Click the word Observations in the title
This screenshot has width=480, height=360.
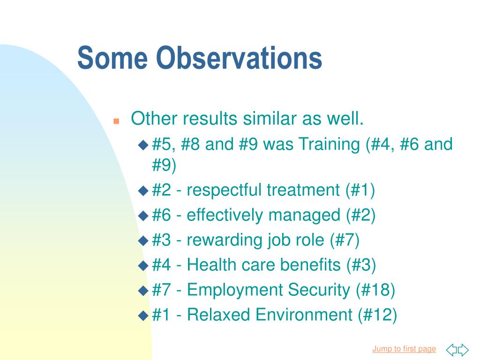point(239,58)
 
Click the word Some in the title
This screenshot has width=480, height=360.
point(112,58)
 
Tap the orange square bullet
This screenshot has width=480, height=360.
point(116,121)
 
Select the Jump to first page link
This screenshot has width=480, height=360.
point(404,349)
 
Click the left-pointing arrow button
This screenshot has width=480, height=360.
point(452,349)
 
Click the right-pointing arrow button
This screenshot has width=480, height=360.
point(463,349)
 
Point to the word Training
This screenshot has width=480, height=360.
point(329,144)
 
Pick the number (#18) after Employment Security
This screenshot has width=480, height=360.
point(375,290)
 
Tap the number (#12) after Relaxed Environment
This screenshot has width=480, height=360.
point(377,315)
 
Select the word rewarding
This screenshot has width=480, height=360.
point(224,240)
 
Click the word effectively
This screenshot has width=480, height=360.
point(225,215)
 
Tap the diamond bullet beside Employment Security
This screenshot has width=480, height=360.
point(143,290)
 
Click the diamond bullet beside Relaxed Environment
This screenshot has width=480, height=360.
point(143,315)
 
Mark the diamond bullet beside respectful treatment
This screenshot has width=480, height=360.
point(143,191)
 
